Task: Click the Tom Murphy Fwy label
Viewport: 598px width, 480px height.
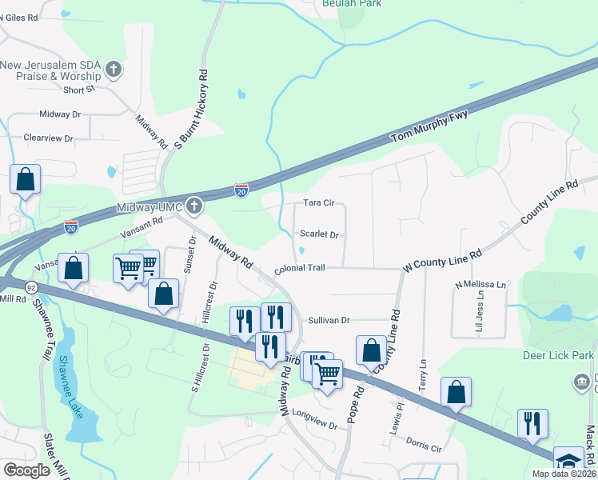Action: point(429,127)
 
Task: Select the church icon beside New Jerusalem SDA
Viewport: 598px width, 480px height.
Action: point(114,70)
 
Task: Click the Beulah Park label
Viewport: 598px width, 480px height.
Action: point(351,4)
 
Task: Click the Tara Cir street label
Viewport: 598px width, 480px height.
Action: point(318,203)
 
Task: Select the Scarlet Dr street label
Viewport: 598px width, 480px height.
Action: point(320,235)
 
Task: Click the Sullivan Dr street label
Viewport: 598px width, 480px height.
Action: point(329,320)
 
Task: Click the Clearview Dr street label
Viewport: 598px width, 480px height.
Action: point(48,138)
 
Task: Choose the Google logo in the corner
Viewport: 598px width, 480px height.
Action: point(26,470)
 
